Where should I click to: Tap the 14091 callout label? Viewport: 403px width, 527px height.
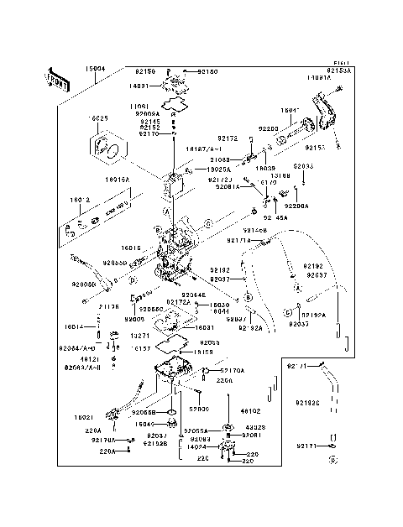pos(139,85)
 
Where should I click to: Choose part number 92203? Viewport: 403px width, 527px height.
pos(268,129)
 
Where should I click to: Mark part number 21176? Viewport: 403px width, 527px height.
pos(110,306)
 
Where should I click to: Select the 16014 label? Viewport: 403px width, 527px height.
pos(73,327)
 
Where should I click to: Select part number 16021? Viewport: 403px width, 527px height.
pos(83,417)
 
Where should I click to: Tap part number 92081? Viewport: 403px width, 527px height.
pos(250,436)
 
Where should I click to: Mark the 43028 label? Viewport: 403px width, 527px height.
pos(254,427)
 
